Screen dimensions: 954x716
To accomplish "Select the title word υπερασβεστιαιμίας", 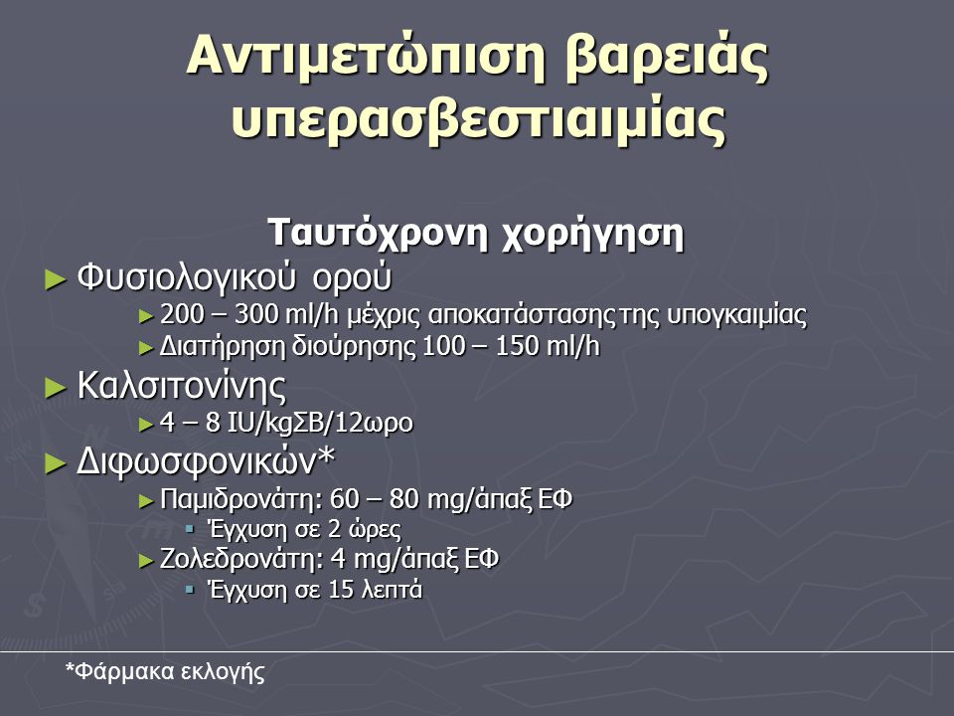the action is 479,119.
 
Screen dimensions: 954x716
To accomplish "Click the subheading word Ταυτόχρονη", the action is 378,233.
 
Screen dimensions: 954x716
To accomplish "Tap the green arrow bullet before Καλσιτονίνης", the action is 55,388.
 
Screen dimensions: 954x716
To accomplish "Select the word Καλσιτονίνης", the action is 181,386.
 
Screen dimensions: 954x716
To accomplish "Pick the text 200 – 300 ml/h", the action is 248,315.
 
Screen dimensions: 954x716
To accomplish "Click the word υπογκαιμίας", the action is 736,316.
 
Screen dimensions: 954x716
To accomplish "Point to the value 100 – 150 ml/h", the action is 511,346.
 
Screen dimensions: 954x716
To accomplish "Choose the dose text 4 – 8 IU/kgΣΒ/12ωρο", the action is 286,424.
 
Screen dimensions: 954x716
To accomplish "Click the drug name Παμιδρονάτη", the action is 240,500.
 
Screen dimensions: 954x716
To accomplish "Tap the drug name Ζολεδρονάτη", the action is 240,559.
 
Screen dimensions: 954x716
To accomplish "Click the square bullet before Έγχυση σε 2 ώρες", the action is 191,528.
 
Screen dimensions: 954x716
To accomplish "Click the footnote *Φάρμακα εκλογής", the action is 165,671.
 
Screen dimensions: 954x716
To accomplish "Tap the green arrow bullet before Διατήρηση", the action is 147,348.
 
